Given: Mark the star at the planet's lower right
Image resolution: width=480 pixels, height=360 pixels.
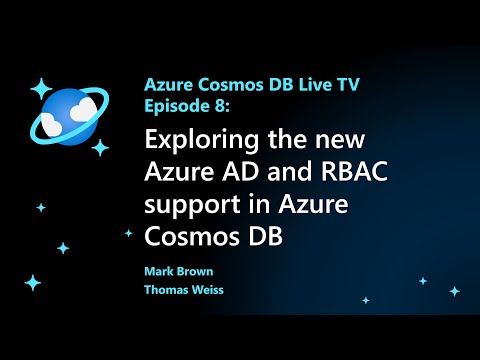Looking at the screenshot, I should pyautogui.click(x=100, y=147).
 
